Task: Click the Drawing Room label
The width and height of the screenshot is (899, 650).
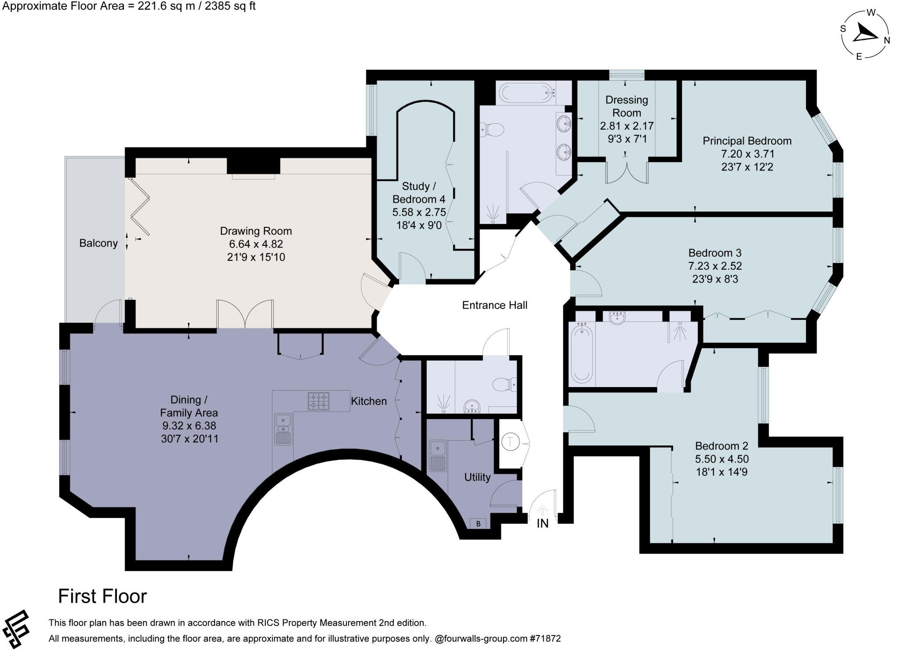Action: (256, 231)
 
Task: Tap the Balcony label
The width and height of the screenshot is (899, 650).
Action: (98, 243)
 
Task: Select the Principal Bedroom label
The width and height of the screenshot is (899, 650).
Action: (747, 141)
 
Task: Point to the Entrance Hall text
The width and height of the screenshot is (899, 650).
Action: (495, 305)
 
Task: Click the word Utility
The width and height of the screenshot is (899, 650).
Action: (477, 477)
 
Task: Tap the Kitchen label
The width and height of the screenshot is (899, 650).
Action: (369, 401)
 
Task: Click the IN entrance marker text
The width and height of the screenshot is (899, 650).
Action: (543, 524)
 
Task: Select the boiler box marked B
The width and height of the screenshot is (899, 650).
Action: (478, 523)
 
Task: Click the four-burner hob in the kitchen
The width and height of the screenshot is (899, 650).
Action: (319, 401)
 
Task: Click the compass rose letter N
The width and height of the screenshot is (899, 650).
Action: (887, 41)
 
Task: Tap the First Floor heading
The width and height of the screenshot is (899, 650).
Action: (103, 596)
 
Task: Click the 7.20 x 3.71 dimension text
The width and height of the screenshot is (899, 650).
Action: (748, 154)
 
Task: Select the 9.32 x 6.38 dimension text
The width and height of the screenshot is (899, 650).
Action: (189, 426)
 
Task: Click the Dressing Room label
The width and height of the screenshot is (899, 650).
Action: (627, 106)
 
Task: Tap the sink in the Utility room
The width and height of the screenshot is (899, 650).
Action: (438, 456)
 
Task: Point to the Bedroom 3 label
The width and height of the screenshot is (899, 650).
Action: (715, 253)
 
